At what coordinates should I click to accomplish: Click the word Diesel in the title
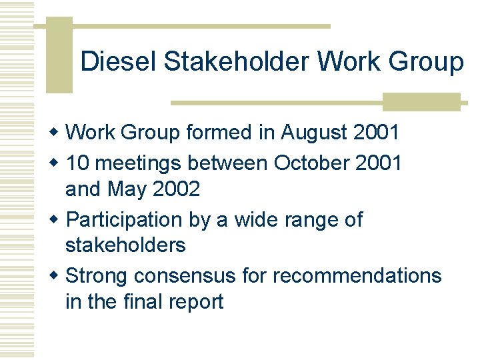(x=119, y=61)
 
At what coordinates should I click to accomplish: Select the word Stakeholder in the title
(x=237, y=61)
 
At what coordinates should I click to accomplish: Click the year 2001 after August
(x=376, y=132)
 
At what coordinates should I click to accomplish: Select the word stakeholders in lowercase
(x=125, y=245)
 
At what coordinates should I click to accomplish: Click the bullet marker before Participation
(x=57, y=219)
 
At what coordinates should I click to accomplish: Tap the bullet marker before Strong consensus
(x=57, y=275)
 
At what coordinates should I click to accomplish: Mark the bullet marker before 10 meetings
(x=57, y=162)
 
